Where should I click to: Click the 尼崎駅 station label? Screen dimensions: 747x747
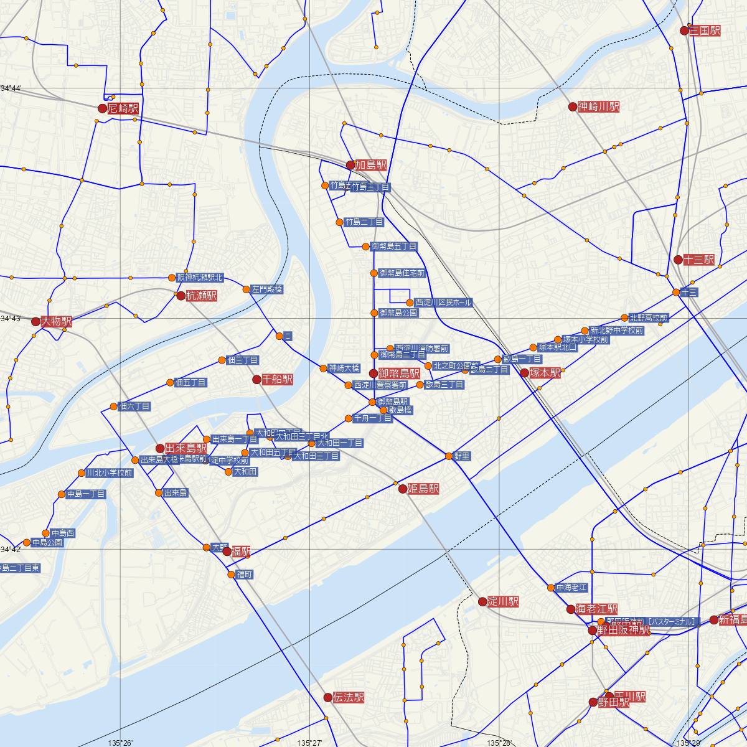[123, 108]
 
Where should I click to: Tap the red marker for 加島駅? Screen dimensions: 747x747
[350, 165]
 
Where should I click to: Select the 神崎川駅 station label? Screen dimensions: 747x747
[598, 107]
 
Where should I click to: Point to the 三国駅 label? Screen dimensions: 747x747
[705, 31]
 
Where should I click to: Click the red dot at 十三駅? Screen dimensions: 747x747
[678, 260]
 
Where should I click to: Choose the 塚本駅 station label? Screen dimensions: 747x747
[545, 374]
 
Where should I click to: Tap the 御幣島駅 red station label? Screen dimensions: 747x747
[399, 374]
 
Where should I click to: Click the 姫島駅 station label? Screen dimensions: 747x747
[423, 489]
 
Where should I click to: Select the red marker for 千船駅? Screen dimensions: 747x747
[256, 379]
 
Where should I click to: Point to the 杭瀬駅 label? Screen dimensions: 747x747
[201, 296]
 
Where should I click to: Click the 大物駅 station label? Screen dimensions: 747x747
[56, 322]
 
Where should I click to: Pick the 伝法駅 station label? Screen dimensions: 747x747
[349, 698]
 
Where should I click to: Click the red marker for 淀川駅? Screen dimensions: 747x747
[482, 601]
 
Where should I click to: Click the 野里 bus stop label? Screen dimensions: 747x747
[462, 456]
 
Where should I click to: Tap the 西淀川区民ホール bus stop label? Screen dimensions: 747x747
[443, 303]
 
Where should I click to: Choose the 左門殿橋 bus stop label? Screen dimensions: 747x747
[267, 289]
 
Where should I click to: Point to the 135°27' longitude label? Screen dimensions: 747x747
[309, 743]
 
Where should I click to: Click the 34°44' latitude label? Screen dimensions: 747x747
[11, 88]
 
